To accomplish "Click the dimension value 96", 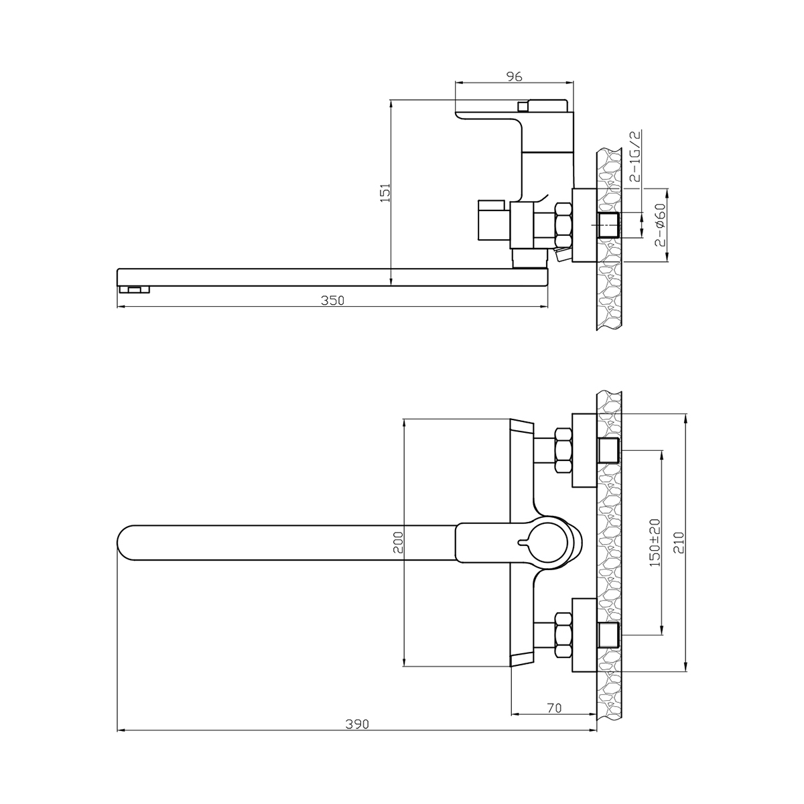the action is [514, 76].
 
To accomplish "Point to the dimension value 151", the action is [385, 192].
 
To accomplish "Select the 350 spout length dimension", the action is [332, 300].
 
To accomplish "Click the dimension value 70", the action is [553, 708].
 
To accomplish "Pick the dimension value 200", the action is [399, 542].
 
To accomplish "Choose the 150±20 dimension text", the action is [655, 542].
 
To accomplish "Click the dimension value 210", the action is [679, 543].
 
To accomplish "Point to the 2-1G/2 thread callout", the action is [634, 157].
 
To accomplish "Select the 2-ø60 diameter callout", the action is [660, 225].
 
